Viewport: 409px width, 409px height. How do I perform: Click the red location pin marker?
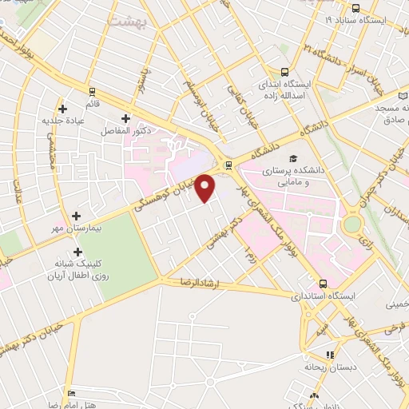(206, 188)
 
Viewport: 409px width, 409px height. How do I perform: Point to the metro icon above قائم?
(93, 91)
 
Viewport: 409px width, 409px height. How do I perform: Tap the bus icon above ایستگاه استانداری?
(324, 284)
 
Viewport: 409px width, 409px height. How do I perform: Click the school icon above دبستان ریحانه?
(329, 355)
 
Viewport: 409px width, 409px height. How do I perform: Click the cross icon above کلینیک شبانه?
(77, 252)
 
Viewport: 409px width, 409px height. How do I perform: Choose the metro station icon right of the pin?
(229, 165)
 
